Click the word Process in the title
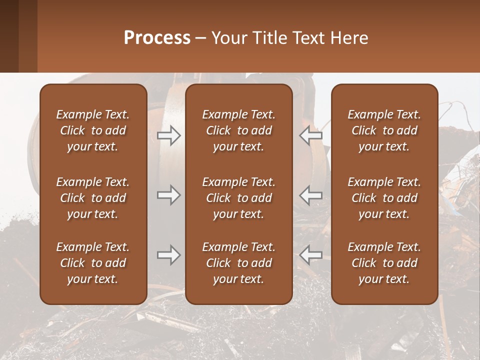(x=157, y=38)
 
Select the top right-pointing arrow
(x=169, y=135)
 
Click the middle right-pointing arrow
(x=169, y=195)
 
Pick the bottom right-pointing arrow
(x=169, y=255)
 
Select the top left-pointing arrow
(x=310, y=135)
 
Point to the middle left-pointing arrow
(x=310, y=195)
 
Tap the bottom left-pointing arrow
(x=310, y=255)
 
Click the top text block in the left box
(x=93, y=130)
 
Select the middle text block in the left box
(x=93, y=198)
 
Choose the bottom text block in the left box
(x=93, y=263)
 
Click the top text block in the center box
(x=238, y=130)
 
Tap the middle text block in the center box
(x=238, y=198)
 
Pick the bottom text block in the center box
(x=238, y=263)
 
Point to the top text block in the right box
(x=384, y=130)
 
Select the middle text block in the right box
(x=384, y=198)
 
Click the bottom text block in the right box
(x=384, y=263)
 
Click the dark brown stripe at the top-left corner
(x=9, y=36)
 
